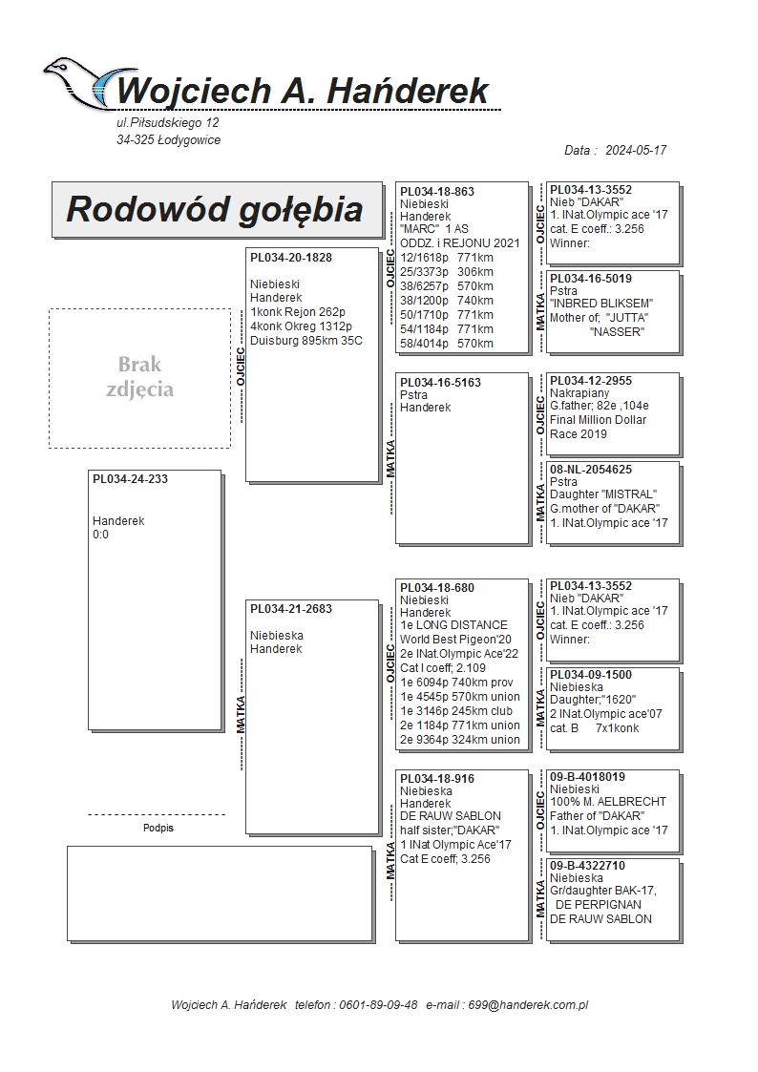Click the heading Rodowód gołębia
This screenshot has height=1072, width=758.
215,209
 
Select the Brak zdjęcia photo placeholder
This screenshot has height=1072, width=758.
139,377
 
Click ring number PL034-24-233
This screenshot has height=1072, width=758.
130,479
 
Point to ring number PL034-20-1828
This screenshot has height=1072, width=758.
291,258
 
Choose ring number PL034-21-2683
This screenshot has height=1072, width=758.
291,609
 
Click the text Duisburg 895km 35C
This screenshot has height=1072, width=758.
306,341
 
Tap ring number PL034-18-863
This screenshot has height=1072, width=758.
437,192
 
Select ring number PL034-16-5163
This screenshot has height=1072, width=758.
440,383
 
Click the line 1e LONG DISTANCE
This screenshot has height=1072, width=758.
453,625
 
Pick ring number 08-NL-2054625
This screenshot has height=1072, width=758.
591,470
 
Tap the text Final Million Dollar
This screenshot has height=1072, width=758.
598,420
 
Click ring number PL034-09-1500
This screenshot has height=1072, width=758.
591,675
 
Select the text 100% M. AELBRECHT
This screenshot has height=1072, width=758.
608,802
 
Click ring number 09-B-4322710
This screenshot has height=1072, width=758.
588,866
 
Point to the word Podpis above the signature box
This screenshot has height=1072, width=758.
158,828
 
